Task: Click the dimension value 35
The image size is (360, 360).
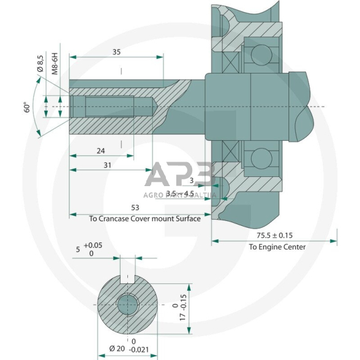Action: (116, 53)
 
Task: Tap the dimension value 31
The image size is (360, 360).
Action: (108, 166)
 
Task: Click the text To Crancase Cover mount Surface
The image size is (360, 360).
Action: (144, 219)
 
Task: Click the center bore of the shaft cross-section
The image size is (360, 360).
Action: (128, 304)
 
